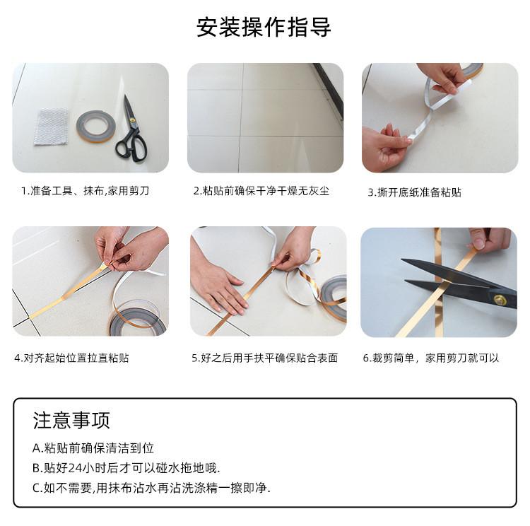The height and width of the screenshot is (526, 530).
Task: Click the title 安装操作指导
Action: tap(264, 28)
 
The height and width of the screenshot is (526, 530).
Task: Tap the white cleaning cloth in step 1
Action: tap(50, 127)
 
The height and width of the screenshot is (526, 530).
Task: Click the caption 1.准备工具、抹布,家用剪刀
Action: tap(85, 191)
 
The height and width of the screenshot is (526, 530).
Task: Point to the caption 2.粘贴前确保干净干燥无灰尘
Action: tap(261, 191)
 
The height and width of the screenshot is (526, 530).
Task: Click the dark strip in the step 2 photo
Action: tap(329, 88)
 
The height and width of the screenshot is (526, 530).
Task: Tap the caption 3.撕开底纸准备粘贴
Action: tap(414, 192)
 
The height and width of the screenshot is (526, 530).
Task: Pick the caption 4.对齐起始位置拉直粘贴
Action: tap(71, 358)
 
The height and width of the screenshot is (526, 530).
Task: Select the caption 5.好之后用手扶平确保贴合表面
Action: tap(264, 358)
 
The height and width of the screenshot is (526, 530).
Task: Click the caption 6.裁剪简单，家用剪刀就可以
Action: tap(431, 358)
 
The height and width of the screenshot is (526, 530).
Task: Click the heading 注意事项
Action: tap(71, 420)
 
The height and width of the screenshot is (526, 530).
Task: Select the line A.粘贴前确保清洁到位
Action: tap(93, 448)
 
